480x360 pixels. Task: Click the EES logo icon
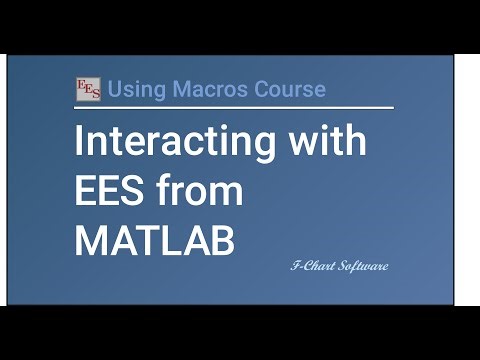[x=88, y=89]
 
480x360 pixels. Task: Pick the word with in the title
[x=328, y=142]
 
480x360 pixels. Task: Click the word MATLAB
[x=153, y=241]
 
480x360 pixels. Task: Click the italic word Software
[x=362, y=266]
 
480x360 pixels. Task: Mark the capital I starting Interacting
[x=79, y=142]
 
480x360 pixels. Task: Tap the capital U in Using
[x=114, y=89]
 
